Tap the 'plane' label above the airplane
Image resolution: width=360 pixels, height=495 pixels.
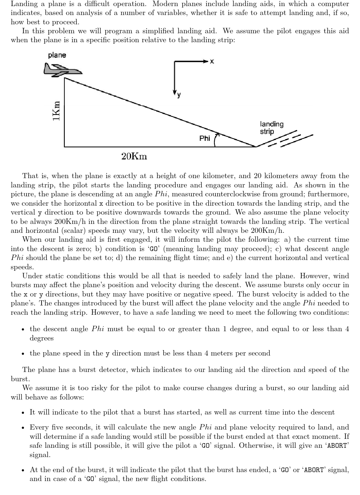pos(57,55)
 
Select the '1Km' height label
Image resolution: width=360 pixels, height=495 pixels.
pos(56,111)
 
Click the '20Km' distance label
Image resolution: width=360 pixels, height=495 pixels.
pos(134,156)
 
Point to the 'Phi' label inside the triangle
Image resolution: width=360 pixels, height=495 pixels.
pos(205,138)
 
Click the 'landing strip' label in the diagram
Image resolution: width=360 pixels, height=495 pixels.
pos(272,128)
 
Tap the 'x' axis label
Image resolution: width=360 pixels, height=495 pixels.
pos(212,62)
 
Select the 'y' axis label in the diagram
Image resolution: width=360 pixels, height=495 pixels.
pos(179,95)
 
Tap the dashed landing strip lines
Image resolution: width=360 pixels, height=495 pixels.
pos(286,140)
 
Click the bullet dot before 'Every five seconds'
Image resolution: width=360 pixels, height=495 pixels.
pos(23,428)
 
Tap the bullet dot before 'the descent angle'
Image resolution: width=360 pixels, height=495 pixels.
pos(23,329)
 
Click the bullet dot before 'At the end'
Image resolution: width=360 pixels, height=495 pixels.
pos(23,470)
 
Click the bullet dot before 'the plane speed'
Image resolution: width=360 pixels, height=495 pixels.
pos(23,354)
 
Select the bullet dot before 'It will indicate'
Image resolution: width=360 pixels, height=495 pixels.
pos(23,413)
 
